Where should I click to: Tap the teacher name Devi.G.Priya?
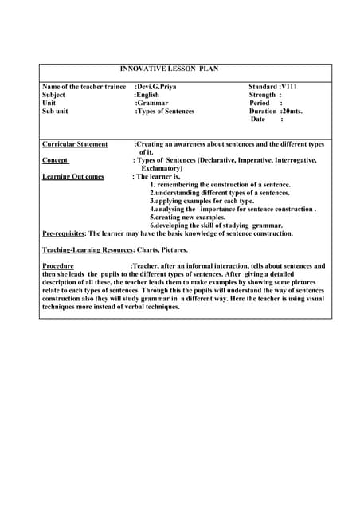(158, 86)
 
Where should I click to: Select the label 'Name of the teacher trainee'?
(84, 86)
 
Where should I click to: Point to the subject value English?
(148, 95)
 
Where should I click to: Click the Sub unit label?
(55, 112)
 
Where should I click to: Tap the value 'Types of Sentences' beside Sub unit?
(166, 112)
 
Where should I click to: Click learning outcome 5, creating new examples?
(188, 217)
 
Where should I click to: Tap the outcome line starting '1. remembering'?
(220, 184)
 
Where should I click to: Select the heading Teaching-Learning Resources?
(87, 250)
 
